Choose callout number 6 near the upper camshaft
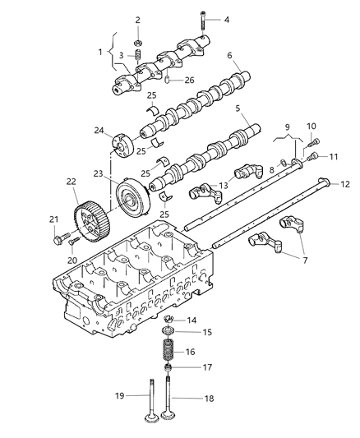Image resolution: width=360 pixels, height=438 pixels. (230, 56)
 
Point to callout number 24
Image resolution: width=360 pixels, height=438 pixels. (99, 130)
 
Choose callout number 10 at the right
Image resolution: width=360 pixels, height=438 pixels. (311, 127)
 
